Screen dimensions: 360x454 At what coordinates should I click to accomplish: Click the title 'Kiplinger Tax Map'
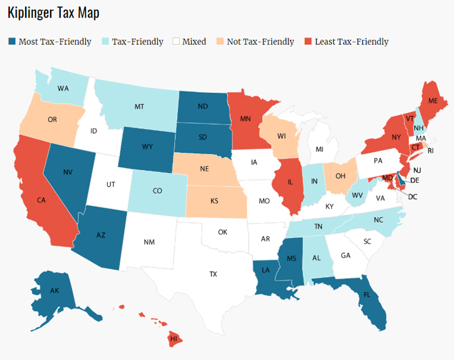pyautogui.click(x=53, y=13)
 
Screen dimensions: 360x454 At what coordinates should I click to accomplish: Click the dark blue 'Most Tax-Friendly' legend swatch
pyautogui.click(x=12, y=41)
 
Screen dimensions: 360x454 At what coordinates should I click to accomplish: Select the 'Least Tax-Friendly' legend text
pyautogui.click(x=356, y=41)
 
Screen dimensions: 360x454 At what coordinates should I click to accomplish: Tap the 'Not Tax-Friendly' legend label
pyautogui.click(x=260, y=41)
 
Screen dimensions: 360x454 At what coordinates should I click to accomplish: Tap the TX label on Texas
pyautogui.click(x=213, y=274)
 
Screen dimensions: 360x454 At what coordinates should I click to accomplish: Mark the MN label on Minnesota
pyautogui.click(x=246, y=120)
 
